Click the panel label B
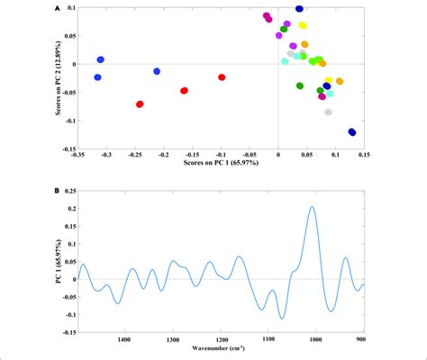(58, 191)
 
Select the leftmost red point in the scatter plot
(140, 104)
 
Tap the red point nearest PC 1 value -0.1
(222, 77)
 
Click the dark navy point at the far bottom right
(352, 132)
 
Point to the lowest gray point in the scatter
(328, 112)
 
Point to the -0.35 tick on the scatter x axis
(80, 153)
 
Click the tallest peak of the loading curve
(313, 207)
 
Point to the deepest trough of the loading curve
(282, 319)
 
